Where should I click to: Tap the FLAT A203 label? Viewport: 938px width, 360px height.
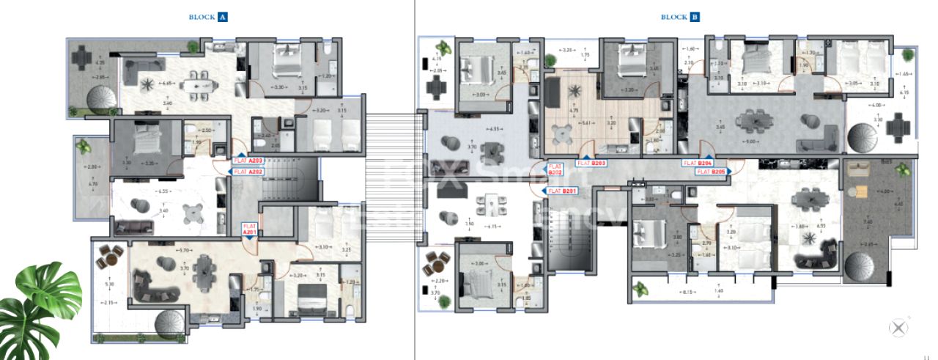pos(248,159)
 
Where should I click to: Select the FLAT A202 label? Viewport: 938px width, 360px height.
pos(248,172)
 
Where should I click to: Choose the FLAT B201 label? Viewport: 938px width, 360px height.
pos(562,191)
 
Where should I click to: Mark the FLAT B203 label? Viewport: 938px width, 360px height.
pos(591,163)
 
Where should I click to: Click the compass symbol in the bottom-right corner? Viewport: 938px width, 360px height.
pos(898,329)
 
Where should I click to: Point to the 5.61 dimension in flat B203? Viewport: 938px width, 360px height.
pos(587,124)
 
